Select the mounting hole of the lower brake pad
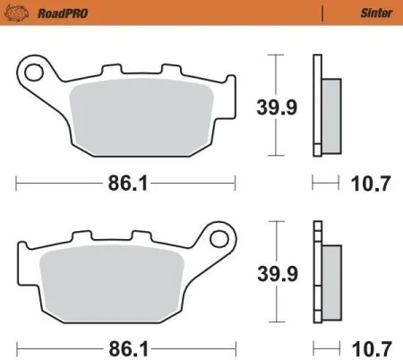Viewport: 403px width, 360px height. point(219,238)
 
